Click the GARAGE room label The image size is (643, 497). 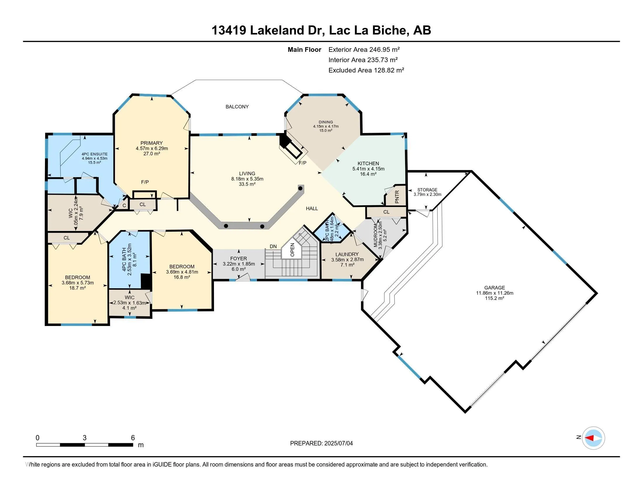pos(495,288)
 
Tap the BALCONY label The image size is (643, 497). pos(237,107)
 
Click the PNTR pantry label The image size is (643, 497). pos(397,197)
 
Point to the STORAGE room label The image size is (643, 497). pos(427,190)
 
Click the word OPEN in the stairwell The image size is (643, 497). pos(292,250)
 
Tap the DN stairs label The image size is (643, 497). pos(273,246)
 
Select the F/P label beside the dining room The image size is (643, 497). pos(303,163)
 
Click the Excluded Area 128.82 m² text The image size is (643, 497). pos(366,70)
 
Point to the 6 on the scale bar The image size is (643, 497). pos(133,438)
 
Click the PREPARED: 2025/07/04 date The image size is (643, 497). pos(321,443)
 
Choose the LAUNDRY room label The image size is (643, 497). pos(347,254)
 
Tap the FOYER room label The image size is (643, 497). pos(238,259)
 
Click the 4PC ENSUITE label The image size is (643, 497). pos(94,154)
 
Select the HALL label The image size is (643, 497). pos(312,208)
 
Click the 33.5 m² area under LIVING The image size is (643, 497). pos(247,184)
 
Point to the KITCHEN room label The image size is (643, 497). pos(368,163)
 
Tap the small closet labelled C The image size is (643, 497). pos(124,206)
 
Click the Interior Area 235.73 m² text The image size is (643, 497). pos(363,60)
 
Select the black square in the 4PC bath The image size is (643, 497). pos(146,281)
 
